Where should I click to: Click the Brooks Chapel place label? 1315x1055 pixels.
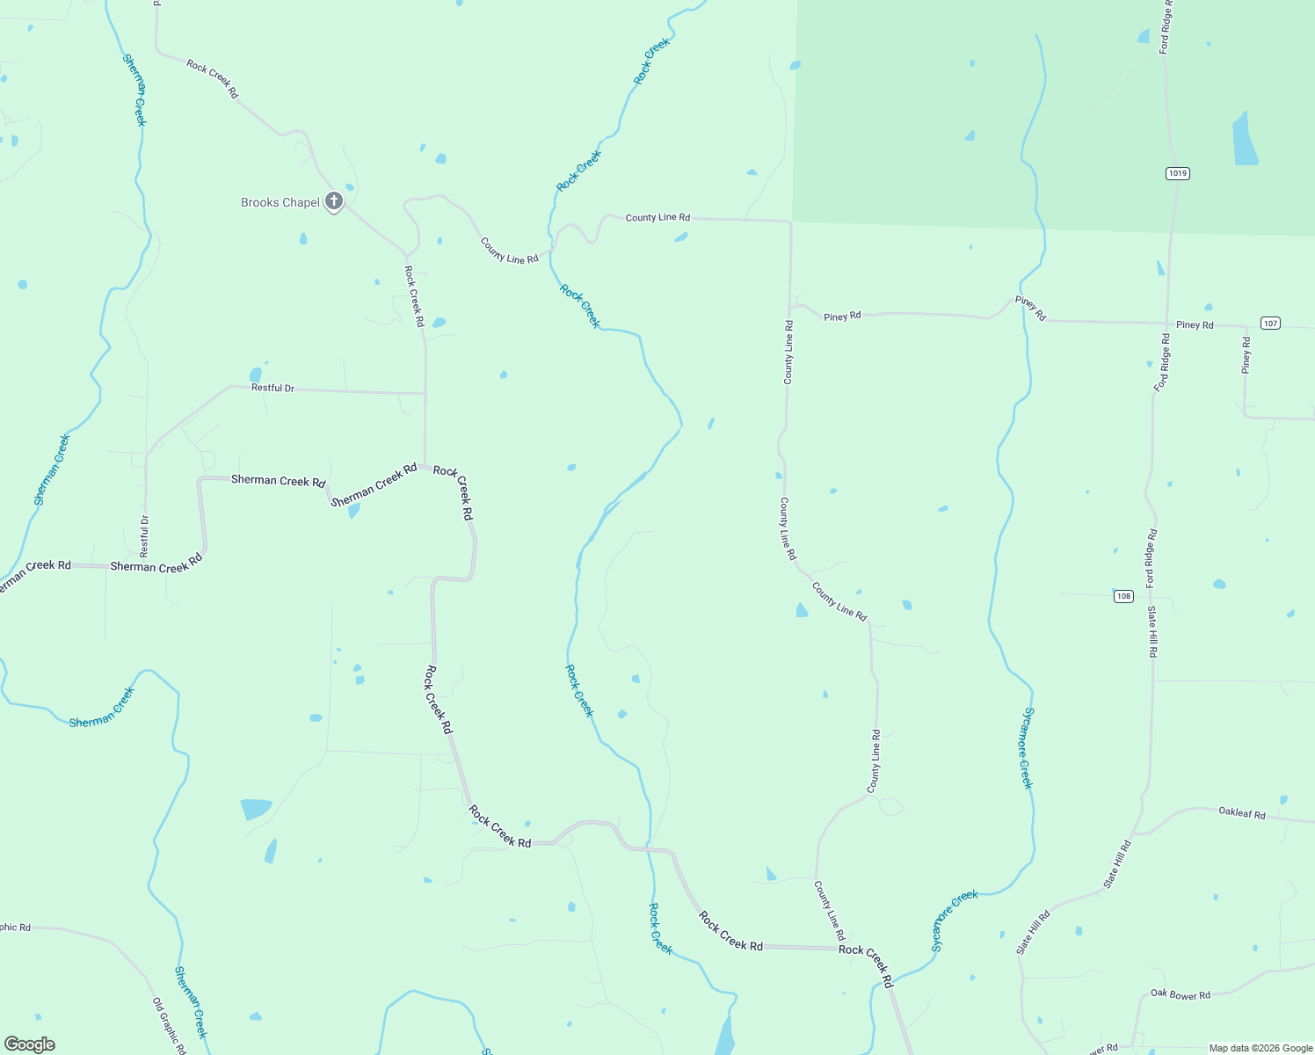(x=280, y=203)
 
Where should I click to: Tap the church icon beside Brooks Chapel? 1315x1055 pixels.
(x=334, y=201)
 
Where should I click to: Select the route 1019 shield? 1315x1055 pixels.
(x=1178, y=173)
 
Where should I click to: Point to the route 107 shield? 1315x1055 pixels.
(x=1270, y=324)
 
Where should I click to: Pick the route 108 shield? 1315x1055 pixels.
(x=1123, y=596)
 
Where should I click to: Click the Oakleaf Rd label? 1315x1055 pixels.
(x=1242, y=813)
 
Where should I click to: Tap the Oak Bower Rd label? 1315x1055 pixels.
(x=1181, y=994)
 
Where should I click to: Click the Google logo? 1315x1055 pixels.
(x=30, y=1044)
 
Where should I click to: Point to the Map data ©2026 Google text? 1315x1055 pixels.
(x=1261, y=1048)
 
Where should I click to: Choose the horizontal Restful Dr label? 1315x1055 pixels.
(x=272, y=388)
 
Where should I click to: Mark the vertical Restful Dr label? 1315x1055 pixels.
(x=145, y=536)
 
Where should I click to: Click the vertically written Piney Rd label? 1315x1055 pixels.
(x=1246, y=355)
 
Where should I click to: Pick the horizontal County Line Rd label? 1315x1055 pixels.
(x=657, y=217)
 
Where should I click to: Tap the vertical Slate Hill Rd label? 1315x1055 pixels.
(x=1153, y=631)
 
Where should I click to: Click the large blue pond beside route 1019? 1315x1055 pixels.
(x=1244, y=141)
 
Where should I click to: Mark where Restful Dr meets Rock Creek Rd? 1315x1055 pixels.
(x=425, y=393)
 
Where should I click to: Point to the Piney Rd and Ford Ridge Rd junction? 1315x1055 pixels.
(x=1166, y=323)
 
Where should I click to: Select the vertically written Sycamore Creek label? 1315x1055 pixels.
(x=1026, y=748)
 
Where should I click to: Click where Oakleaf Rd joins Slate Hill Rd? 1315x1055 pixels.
(x=1134, y=833)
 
